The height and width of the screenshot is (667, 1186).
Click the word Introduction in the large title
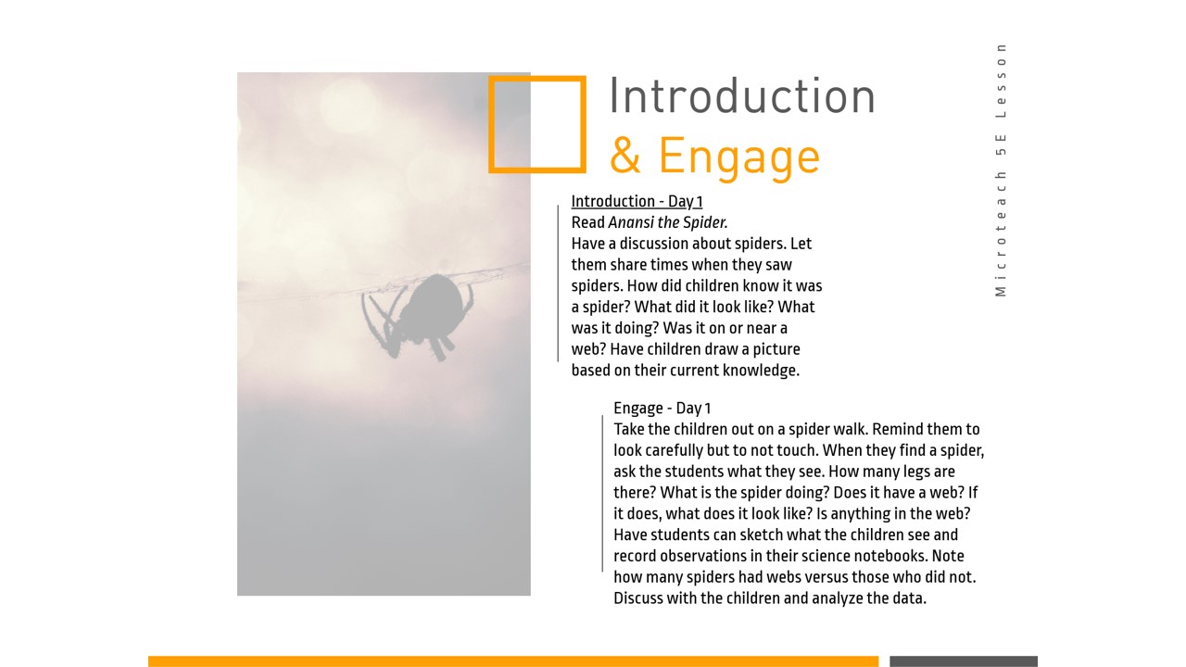point(742,96)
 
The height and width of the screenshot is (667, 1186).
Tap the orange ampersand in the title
point(625,156)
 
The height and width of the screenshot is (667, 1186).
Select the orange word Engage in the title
point(739,158)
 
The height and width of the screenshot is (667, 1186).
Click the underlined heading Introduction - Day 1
point(637,201)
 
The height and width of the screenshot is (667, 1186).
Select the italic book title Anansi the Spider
point(668,222)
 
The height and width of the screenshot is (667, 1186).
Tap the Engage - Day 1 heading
point(662,409)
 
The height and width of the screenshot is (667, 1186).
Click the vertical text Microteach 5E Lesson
point(1000,170)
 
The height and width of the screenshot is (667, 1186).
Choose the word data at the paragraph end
point(909,598)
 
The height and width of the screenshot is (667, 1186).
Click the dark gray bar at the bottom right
point(964,661)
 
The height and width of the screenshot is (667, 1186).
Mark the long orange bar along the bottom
point(513,661)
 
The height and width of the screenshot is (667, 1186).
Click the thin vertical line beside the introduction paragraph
point(558,283)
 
